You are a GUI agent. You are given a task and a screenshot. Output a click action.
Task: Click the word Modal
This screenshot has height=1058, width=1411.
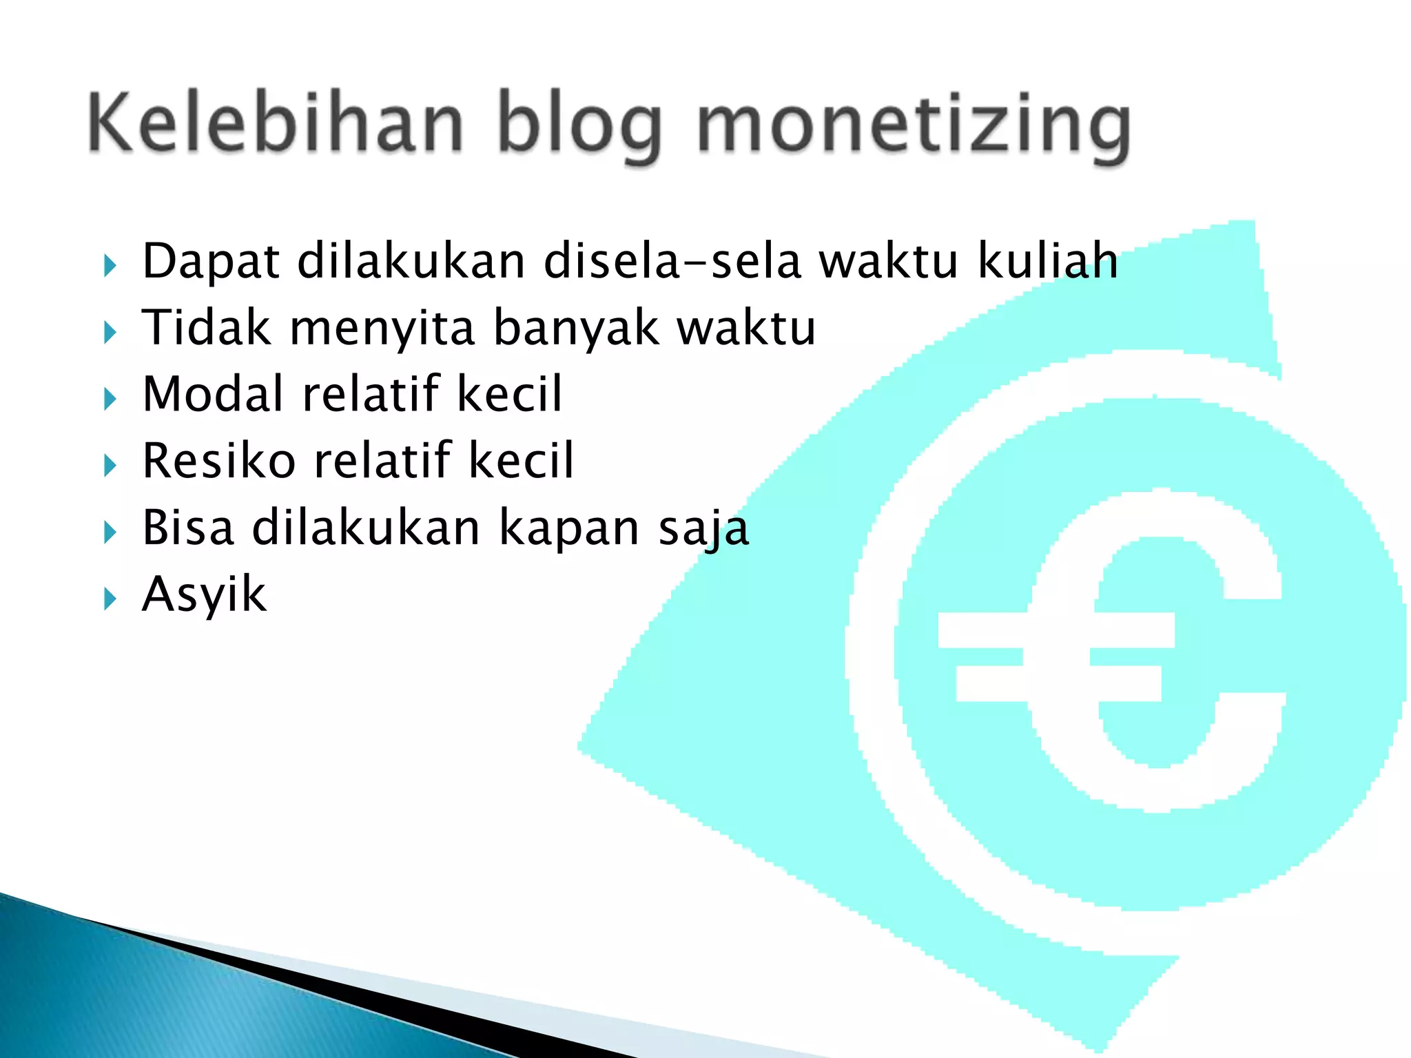(213, 393)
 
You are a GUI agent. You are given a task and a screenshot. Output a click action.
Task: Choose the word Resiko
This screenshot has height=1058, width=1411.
(218, 460)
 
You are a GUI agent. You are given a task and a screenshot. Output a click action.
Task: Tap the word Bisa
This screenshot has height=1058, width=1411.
(188, 527)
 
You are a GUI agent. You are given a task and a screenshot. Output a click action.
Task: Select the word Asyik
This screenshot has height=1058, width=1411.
(204, 594)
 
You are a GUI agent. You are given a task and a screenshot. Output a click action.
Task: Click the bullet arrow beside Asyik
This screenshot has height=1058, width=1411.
(110, 599)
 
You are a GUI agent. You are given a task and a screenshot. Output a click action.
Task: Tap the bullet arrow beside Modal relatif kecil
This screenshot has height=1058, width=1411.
(110, 399)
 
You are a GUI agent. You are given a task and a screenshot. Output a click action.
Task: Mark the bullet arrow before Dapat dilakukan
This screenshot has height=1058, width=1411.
(110, 265)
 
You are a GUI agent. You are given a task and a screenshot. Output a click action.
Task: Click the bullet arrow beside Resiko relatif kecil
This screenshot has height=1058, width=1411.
(110, 466)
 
